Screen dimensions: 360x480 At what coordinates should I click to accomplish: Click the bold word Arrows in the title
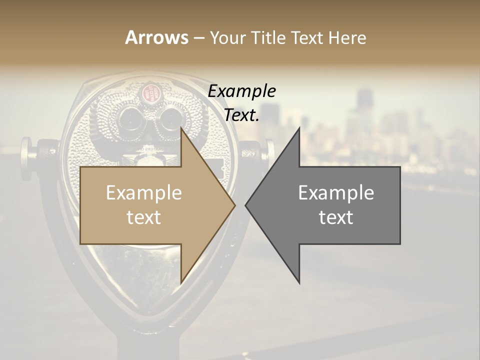coord(156,37)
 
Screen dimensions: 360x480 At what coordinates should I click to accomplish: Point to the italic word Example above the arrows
coord(242,91)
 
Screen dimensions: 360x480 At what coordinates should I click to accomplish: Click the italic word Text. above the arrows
coord(242,115)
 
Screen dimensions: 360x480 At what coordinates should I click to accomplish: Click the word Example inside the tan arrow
coord(144,193)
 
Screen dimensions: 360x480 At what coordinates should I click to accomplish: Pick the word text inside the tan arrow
coord(144,217)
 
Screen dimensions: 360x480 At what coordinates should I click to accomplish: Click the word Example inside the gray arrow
coord(336,193)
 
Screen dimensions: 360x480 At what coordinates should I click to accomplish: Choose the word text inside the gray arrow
coord(336,217)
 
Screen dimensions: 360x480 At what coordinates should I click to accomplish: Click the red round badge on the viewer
coord(148,92)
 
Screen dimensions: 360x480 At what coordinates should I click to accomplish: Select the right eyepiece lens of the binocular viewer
coord(167,119)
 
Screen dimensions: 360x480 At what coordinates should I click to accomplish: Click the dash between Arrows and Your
coord(198,37)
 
